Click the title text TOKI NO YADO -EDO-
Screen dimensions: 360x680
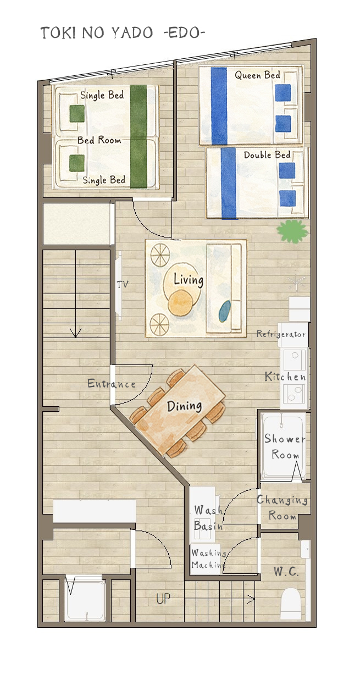click(123, 32)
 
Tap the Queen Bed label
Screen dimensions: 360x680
click(257, 75)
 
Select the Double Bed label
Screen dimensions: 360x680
click(267, 155)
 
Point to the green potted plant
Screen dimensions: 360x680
click(292, 231)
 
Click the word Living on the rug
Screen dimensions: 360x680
click(189, 280)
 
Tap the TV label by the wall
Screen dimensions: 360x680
click(123, 284)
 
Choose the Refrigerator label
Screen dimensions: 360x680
click(281, 334)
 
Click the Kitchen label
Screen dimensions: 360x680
click(285, 377)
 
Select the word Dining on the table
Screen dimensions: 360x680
click(184, 406)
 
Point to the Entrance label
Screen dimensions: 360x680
click(112, 384)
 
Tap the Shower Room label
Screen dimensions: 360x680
click(285, 446)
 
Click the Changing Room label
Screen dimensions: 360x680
click(283, 508)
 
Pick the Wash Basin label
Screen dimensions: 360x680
click(208, 518)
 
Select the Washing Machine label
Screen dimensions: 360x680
click(209, 559)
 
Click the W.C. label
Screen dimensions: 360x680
click(286, 572)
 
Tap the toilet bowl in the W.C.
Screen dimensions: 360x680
click(291, 604)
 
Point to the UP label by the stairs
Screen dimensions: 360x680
click(163, 598)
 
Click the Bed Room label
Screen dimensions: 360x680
click(99, 140)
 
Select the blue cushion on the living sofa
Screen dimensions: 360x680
click(225, 311)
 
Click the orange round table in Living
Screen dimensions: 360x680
click(180, 303)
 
